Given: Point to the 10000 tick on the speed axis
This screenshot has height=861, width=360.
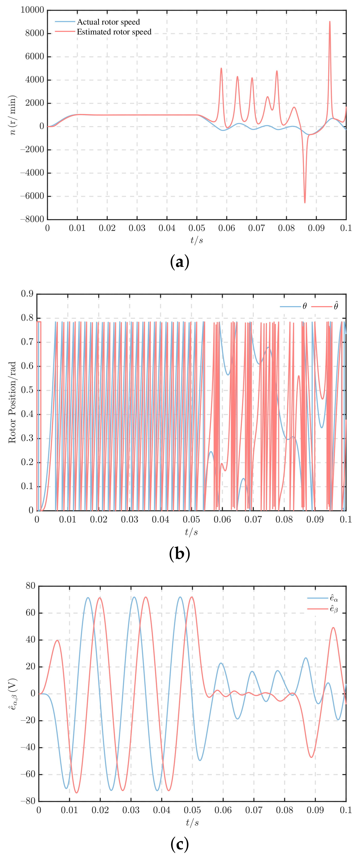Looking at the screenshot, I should click(x=32, y=10).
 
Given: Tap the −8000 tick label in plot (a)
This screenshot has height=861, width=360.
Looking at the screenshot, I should click(x=32, y=219).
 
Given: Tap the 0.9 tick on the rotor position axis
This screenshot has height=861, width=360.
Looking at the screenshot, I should click(x=27, y=294).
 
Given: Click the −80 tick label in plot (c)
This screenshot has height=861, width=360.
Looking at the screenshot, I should click(x=28, y=801).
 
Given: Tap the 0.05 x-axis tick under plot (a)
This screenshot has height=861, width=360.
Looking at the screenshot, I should click(x=196, y=228).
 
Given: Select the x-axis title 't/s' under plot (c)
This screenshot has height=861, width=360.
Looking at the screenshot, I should click(x=192, y=823).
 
